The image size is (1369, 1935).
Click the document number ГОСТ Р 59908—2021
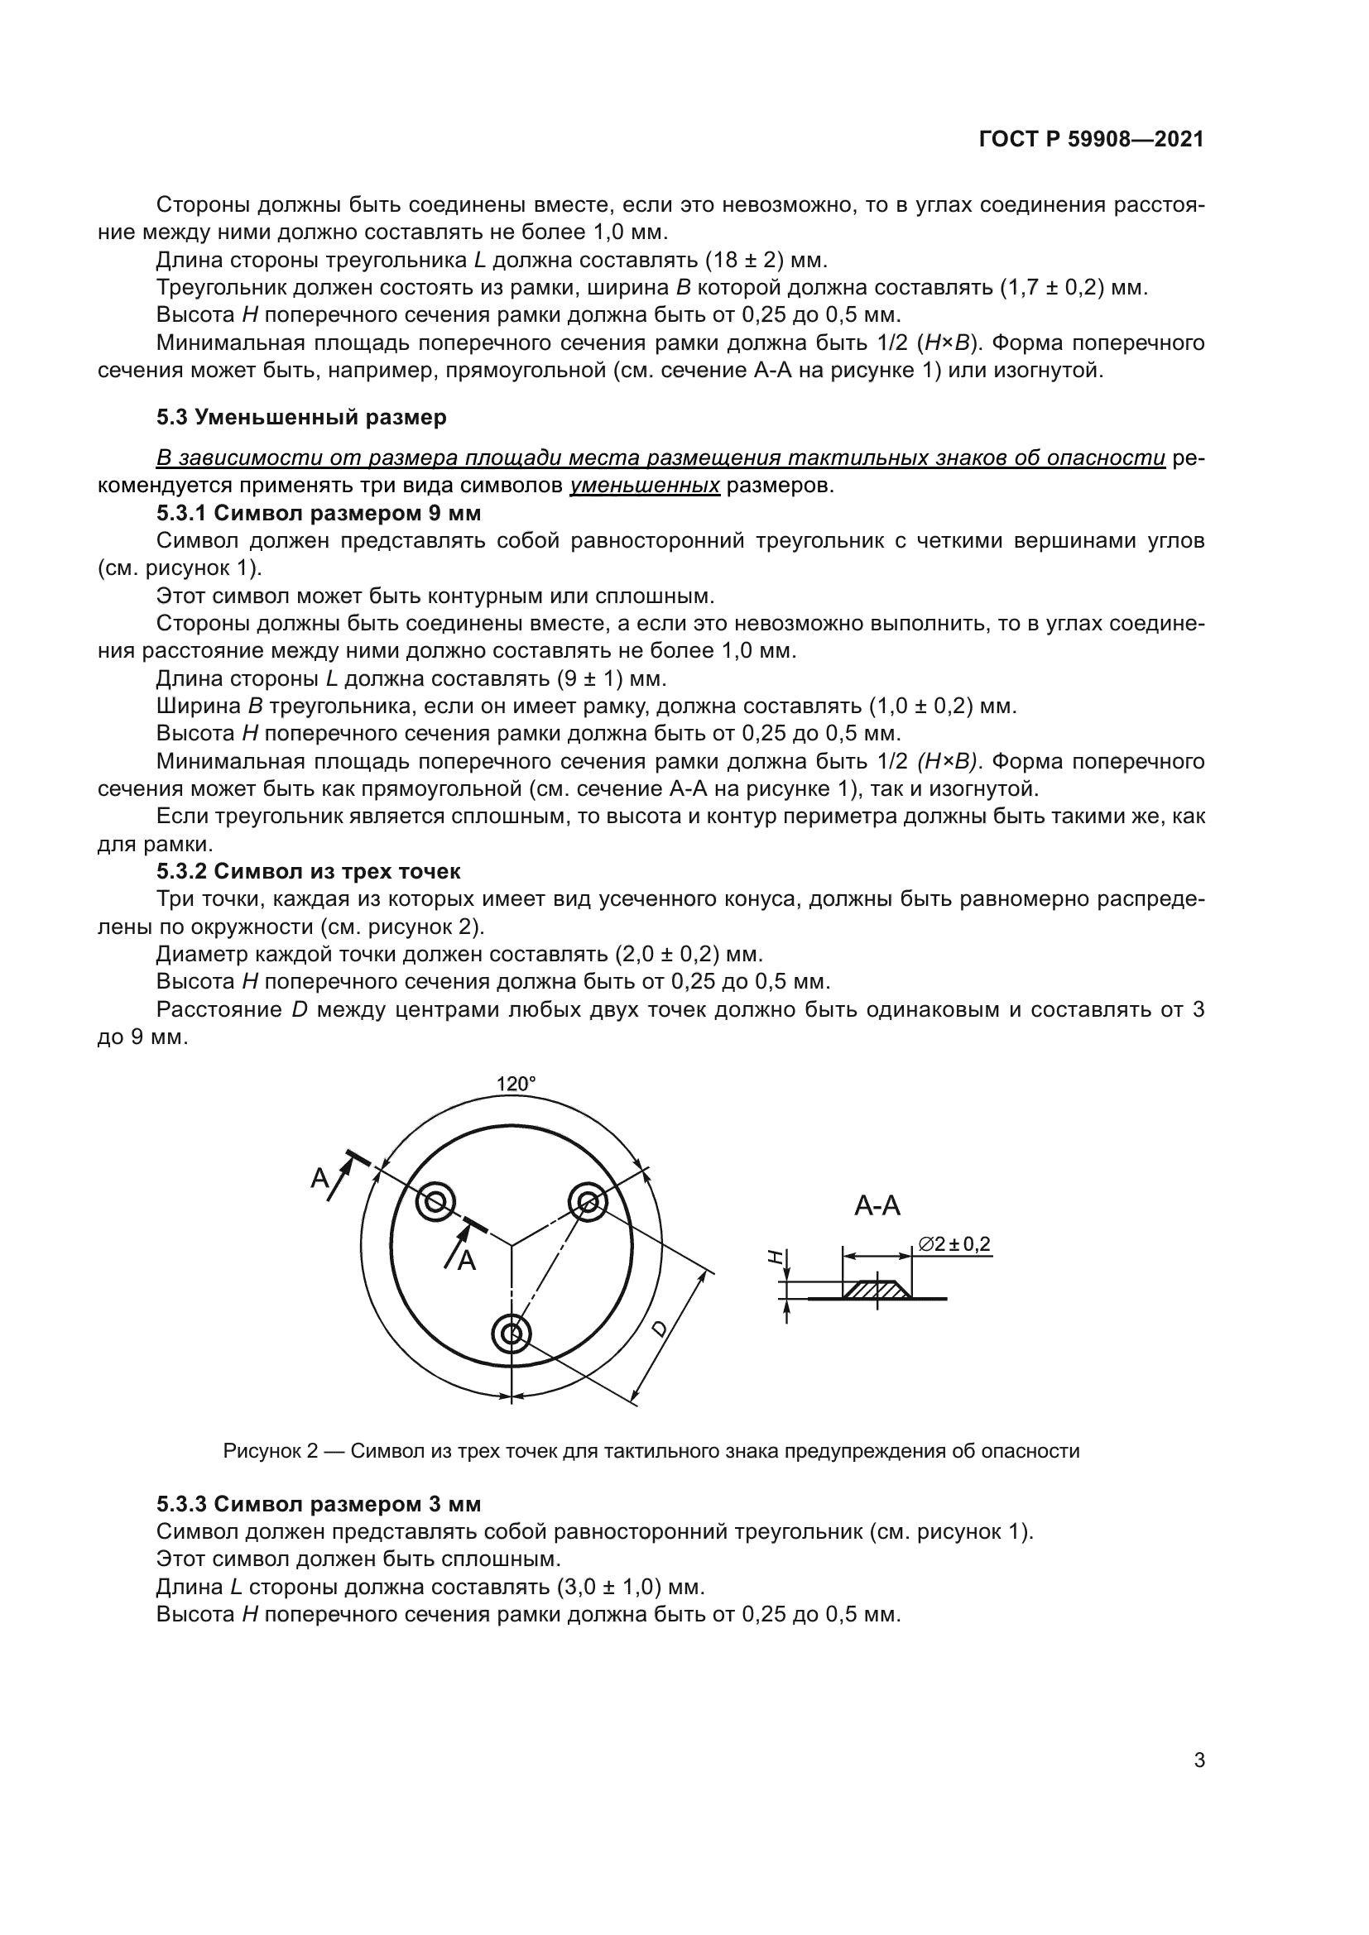(1091, 140)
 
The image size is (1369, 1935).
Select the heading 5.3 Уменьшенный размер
(301, 416)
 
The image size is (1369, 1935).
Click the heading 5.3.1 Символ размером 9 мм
(319, 512)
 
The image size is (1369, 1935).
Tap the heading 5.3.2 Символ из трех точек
(309, 870)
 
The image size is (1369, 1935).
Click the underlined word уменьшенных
(645, 486)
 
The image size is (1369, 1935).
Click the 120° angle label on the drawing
(515, 1084)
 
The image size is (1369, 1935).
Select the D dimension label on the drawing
(659, 1329)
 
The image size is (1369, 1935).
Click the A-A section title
(877, 1205)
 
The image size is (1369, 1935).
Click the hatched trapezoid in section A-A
(877, 1290)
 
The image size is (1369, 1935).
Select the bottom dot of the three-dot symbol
(511, 1334)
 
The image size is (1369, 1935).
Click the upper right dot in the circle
(587, 1201)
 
